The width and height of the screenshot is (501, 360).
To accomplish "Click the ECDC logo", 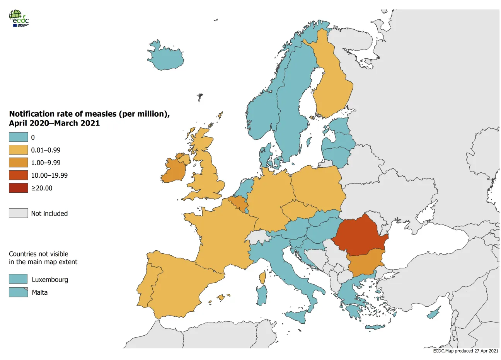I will coord(19,18).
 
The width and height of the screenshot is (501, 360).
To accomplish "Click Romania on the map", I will coord(360,235).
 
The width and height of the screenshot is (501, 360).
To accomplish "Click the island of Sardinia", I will coord(262,295).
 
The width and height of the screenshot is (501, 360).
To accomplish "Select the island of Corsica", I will coord(262,277).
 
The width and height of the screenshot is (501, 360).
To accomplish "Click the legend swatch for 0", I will coord(19,137).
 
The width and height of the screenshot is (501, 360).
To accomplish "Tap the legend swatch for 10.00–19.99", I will coord(19,175).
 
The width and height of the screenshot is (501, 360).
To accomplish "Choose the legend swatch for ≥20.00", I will coord(19,188).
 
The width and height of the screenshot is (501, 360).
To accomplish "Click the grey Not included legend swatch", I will coord(19,213).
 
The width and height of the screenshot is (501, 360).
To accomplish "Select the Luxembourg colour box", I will coord(19,279).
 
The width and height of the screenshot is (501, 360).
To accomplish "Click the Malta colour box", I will coord(19,292).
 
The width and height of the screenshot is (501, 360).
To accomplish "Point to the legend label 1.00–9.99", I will coord(46,163).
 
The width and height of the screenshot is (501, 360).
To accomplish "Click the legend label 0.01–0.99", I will coord(46,150).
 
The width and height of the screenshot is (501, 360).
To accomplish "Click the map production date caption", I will coord(465,351).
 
